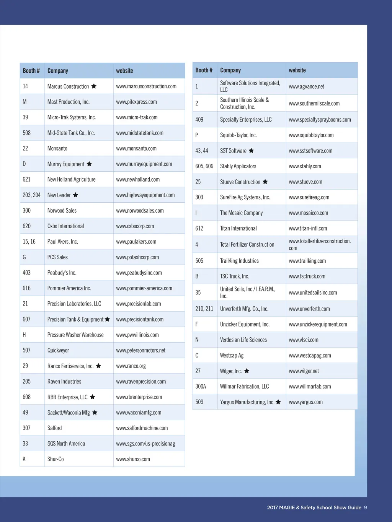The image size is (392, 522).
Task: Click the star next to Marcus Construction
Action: [x=94, y=86]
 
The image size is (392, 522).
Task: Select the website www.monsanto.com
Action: [x=136, y=148]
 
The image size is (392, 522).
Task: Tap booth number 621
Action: [x=26, y=179]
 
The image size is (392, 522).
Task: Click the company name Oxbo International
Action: [x=65, y=226]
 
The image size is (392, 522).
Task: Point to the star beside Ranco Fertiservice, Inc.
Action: [x=98, y=366]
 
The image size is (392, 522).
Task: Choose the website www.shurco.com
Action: [x=133, y=459]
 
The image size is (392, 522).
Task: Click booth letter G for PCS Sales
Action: [x=24, y=257]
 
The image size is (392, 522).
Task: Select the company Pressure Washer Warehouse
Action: [x=75, y=335]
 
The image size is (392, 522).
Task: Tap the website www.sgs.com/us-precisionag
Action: [x=145, y=444]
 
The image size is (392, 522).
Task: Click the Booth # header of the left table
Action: [x=31, y=71]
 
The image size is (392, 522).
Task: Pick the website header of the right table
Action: [x=297, y=70]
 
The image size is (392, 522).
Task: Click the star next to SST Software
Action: [x=251, y=151]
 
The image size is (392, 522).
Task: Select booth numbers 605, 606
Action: [x=204, y=166]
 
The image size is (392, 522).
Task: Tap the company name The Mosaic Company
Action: [x=241, y=213]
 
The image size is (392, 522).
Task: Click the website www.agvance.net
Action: [x=306, y=86]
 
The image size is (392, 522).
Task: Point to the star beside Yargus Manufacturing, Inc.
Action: [x=278, y=402]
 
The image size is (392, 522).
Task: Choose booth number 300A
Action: [x=201, y=386]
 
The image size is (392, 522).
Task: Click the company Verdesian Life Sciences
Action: [x=243, y=340]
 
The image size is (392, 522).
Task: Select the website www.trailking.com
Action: [x=307, y=261]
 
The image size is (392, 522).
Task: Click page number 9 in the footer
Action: [x=366, y=507]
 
